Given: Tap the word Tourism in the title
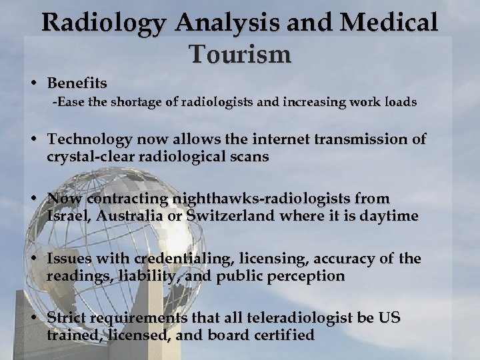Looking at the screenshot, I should click(x=240, y=54).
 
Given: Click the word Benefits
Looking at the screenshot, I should click(x=77, y=84).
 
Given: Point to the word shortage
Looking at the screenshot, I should click(x=129, y=103).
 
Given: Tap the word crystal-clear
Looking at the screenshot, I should click(x=89, y=157).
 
